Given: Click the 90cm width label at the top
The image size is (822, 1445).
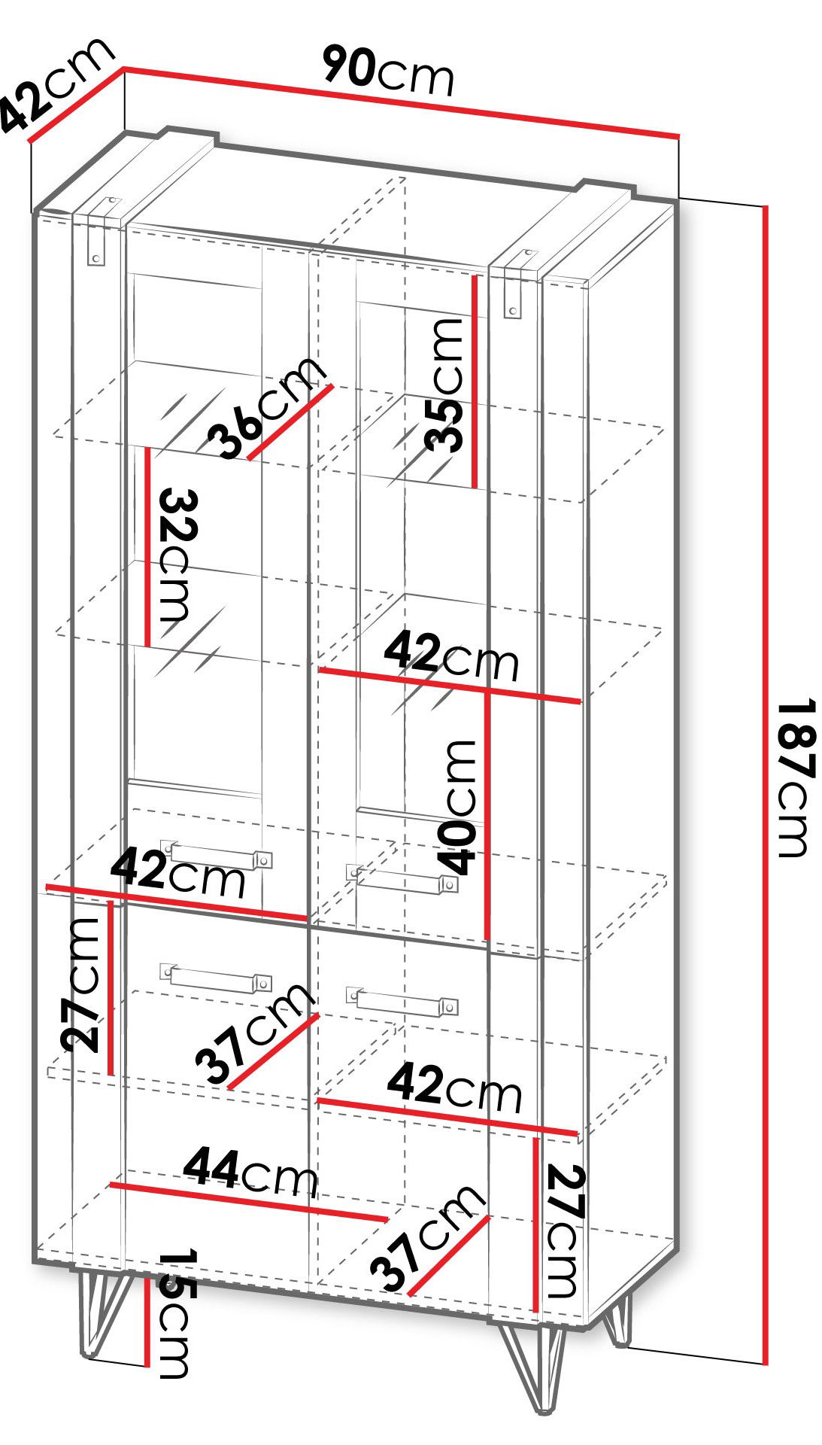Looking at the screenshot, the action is pyautogui.click(x=389, y=71).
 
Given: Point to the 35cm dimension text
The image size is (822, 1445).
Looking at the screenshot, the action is pyautogui.click(x=443, y=384).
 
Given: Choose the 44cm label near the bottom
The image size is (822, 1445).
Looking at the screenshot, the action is pyautogui.click(x=251, y=1171).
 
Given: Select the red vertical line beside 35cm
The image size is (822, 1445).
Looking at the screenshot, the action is pyautogui.click(x=475, y=381).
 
